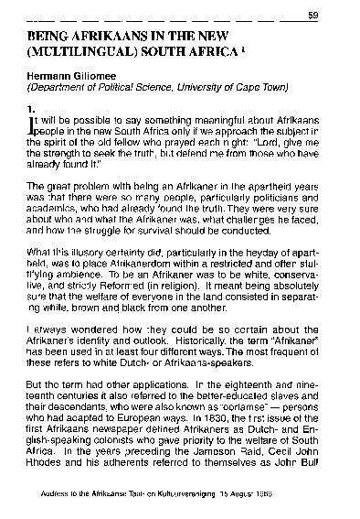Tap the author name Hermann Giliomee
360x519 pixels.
tap(74, 78)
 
